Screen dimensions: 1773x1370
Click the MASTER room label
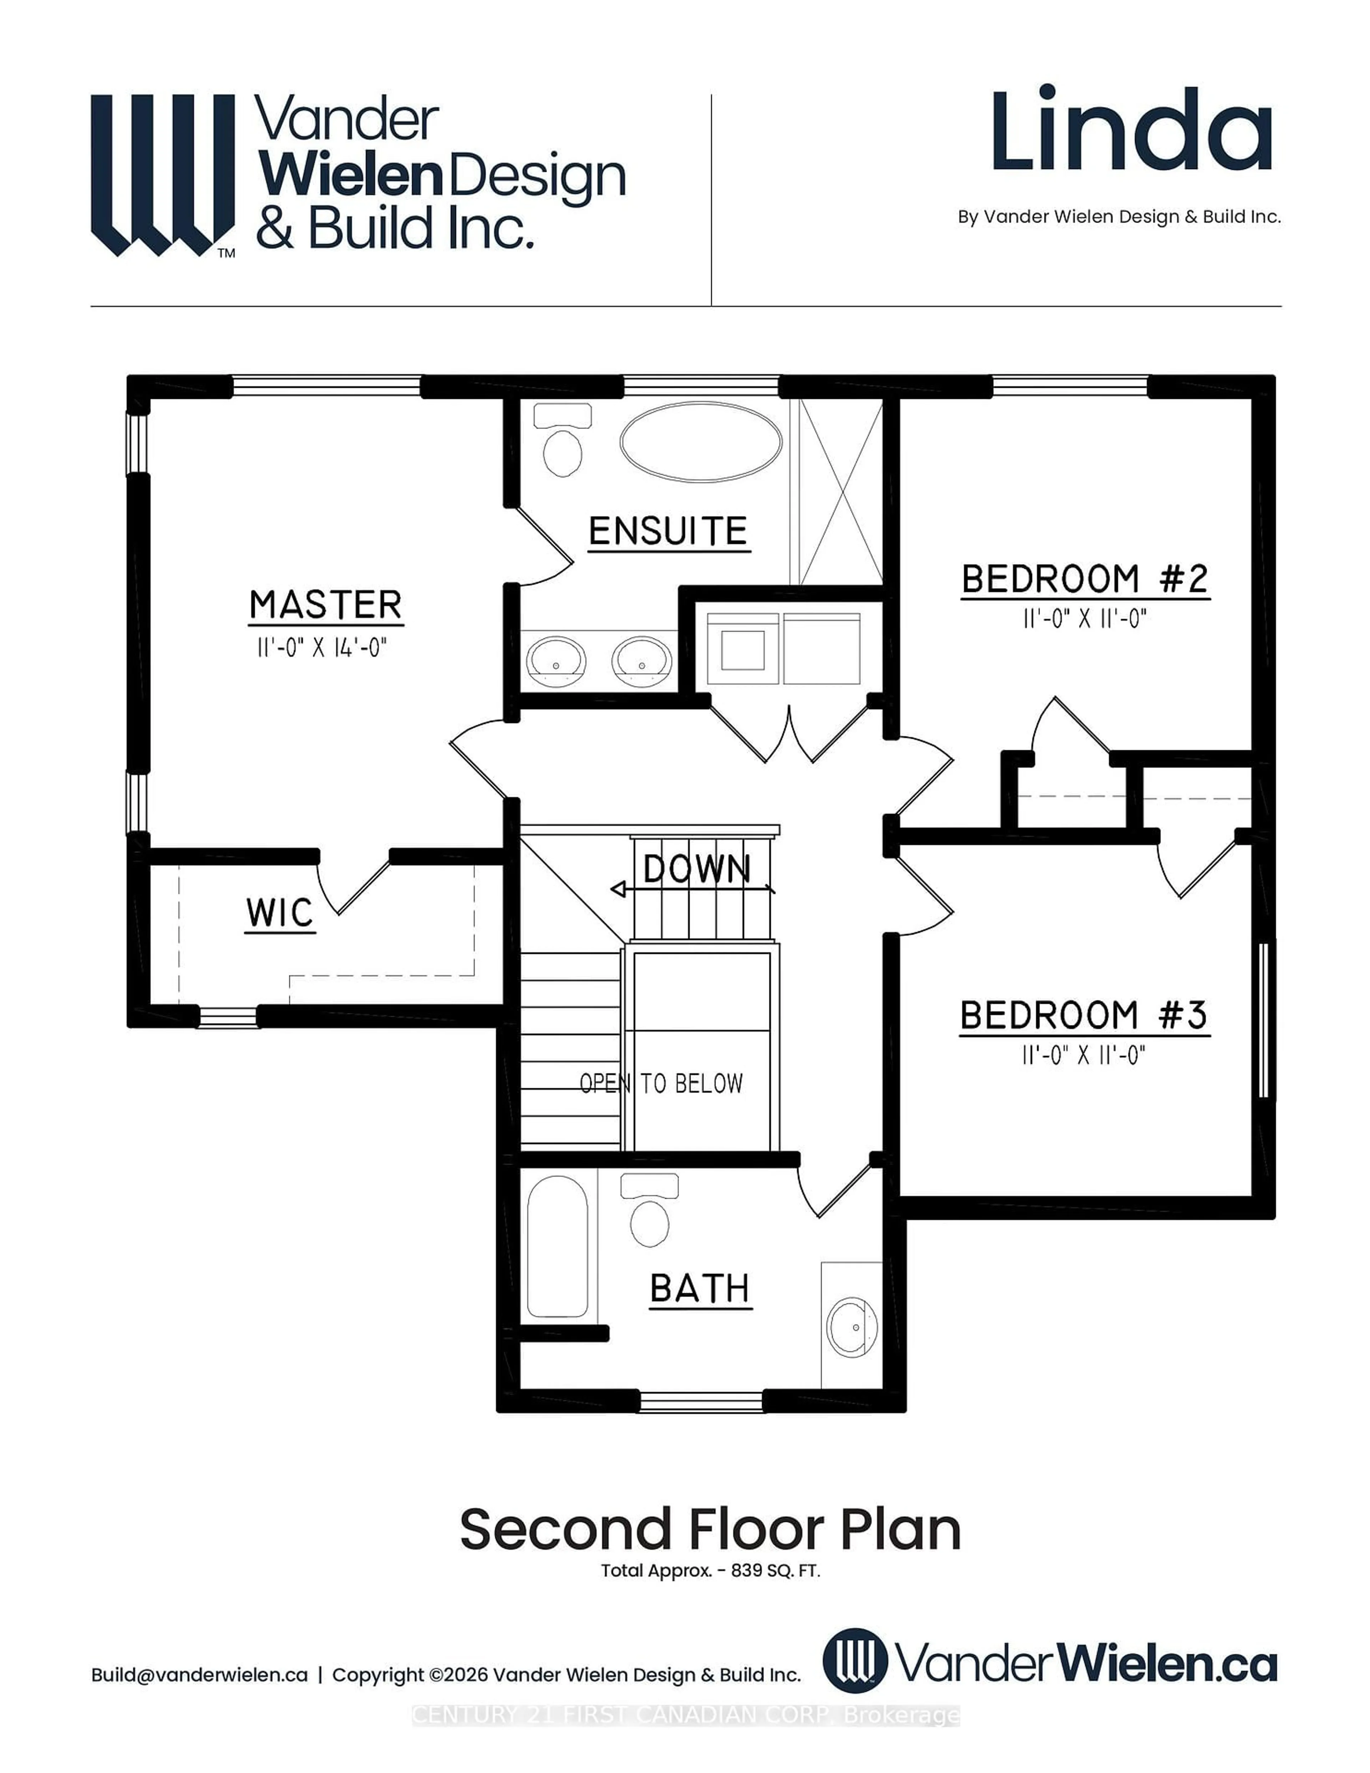click(325, 606)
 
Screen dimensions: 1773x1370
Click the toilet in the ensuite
click(562, 443)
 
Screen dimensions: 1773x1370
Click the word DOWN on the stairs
click(696, 869)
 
